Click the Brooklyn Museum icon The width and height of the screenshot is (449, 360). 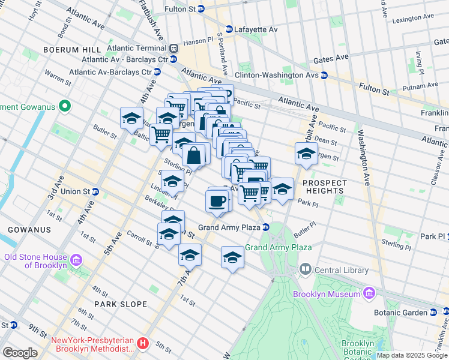tap(369, 293)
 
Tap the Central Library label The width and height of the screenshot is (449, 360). tap(337, 270)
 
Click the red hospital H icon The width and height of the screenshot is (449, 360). tap(143, 344)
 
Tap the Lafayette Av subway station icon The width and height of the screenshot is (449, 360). tap(229, 29)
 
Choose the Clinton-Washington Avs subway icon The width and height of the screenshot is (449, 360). tap(324, 76)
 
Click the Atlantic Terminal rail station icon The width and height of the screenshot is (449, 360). tap(173, 48)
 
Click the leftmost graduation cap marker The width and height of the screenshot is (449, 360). tap(131, 119)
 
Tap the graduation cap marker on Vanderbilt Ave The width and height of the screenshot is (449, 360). tap(306, 154)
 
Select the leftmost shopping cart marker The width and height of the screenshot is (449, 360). tap(160, 134)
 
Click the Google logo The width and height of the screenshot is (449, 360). tap(20, 353)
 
